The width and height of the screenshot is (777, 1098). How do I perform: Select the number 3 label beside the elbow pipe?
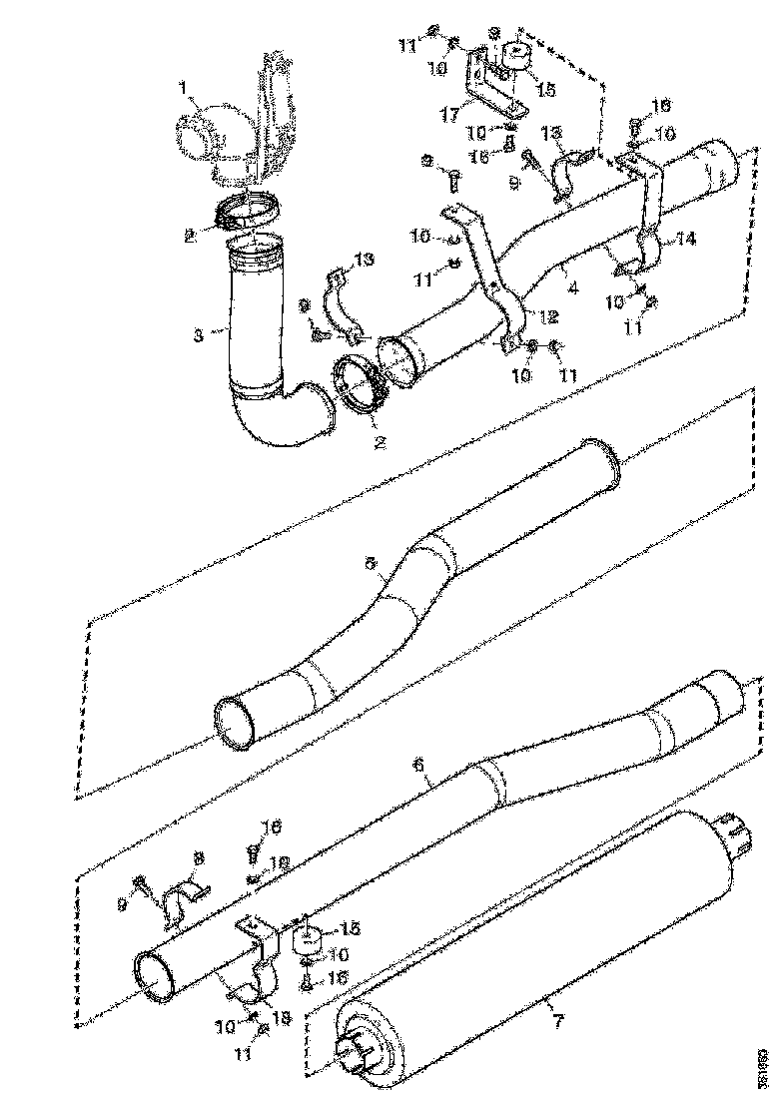[199, 335]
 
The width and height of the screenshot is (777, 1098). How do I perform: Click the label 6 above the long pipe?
[418, 764]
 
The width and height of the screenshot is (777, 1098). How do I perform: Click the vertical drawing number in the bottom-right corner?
[763, 1066]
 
